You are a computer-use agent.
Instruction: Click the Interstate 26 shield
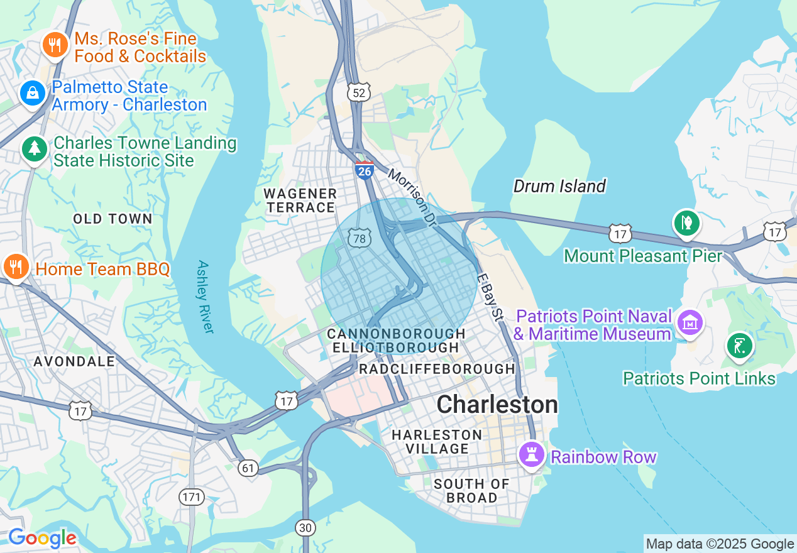(x=364, y=170)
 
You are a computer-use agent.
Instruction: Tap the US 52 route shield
(x=358, y=93)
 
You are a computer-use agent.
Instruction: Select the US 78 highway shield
(x=359, y=238)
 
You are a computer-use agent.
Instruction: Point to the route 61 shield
(x=249, y=468)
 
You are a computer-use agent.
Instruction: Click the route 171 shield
(x=192, y=497)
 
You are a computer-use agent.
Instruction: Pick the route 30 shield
(x=305, y=527)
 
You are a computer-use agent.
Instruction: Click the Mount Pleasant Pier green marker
(x=686, y=223)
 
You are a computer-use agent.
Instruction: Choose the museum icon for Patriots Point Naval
(x=690, y=322)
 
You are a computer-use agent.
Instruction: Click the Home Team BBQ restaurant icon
(x=16, y=267)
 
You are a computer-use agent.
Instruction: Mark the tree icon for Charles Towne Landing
(x=34, y=150)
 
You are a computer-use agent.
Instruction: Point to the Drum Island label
(x=559, y=186)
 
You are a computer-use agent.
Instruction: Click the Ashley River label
(x=206, y=297)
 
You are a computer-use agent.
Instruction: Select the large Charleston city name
(x=497, y=404)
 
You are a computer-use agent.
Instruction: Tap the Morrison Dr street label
(x=412, y=196)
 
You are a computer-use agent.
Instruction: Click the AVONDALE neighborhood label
(x=74, y=361)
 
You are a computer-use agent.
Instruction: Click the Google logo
(x=41, y=538)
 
